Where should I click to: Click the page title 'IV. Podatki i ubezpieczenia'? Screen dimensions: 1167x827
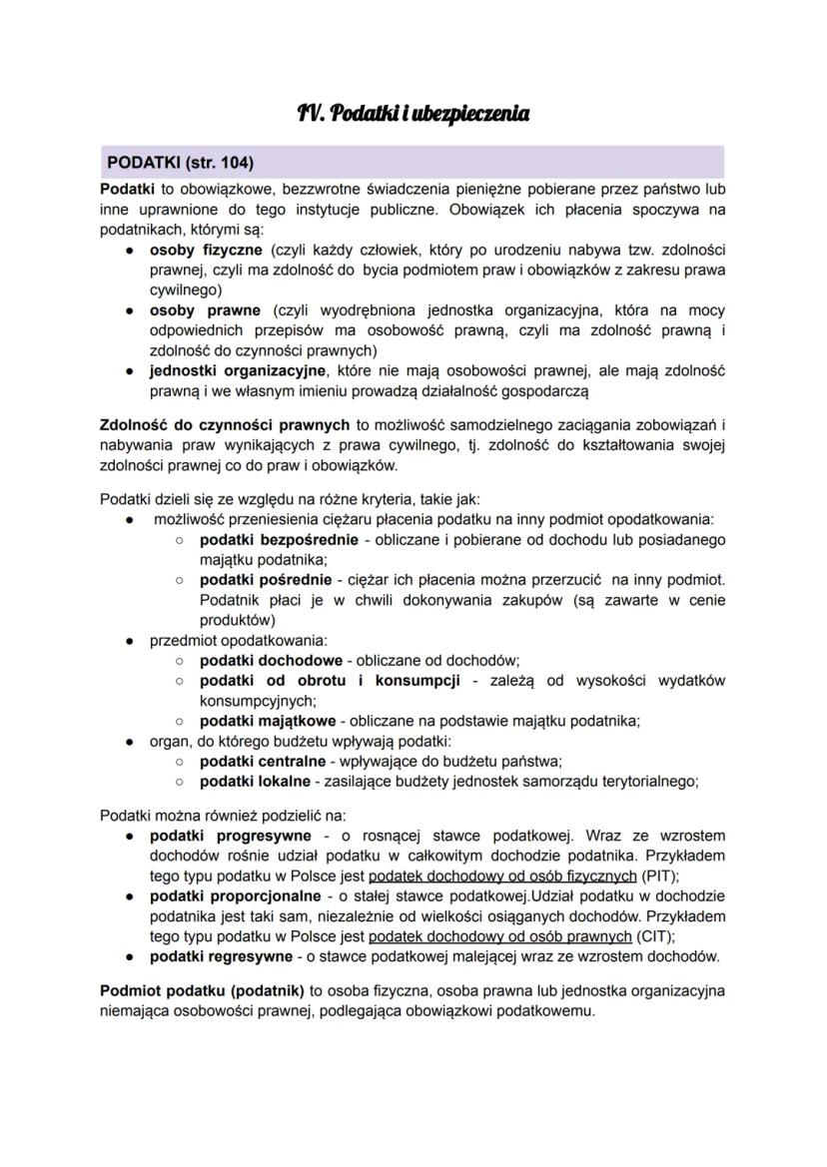(x=413, y=114)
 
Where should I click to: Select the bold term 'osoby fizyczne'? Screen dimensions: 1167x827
(x=205, y=249)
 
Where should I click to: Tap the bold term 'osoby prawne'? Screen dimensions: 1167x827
(x=205, y=310)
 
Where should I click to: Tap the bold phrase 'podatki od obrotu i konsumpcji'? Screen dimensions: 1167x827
(x=330, y=681)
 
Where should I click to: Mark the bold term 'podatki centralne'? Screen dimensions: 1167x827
(x=263, y=761)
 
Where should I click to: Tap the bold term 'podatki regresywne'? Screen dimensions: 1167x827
(x=222, y=956)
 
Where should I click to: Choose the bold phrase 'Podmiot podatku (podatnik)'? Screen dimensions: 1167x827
(x=203, y=991)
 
